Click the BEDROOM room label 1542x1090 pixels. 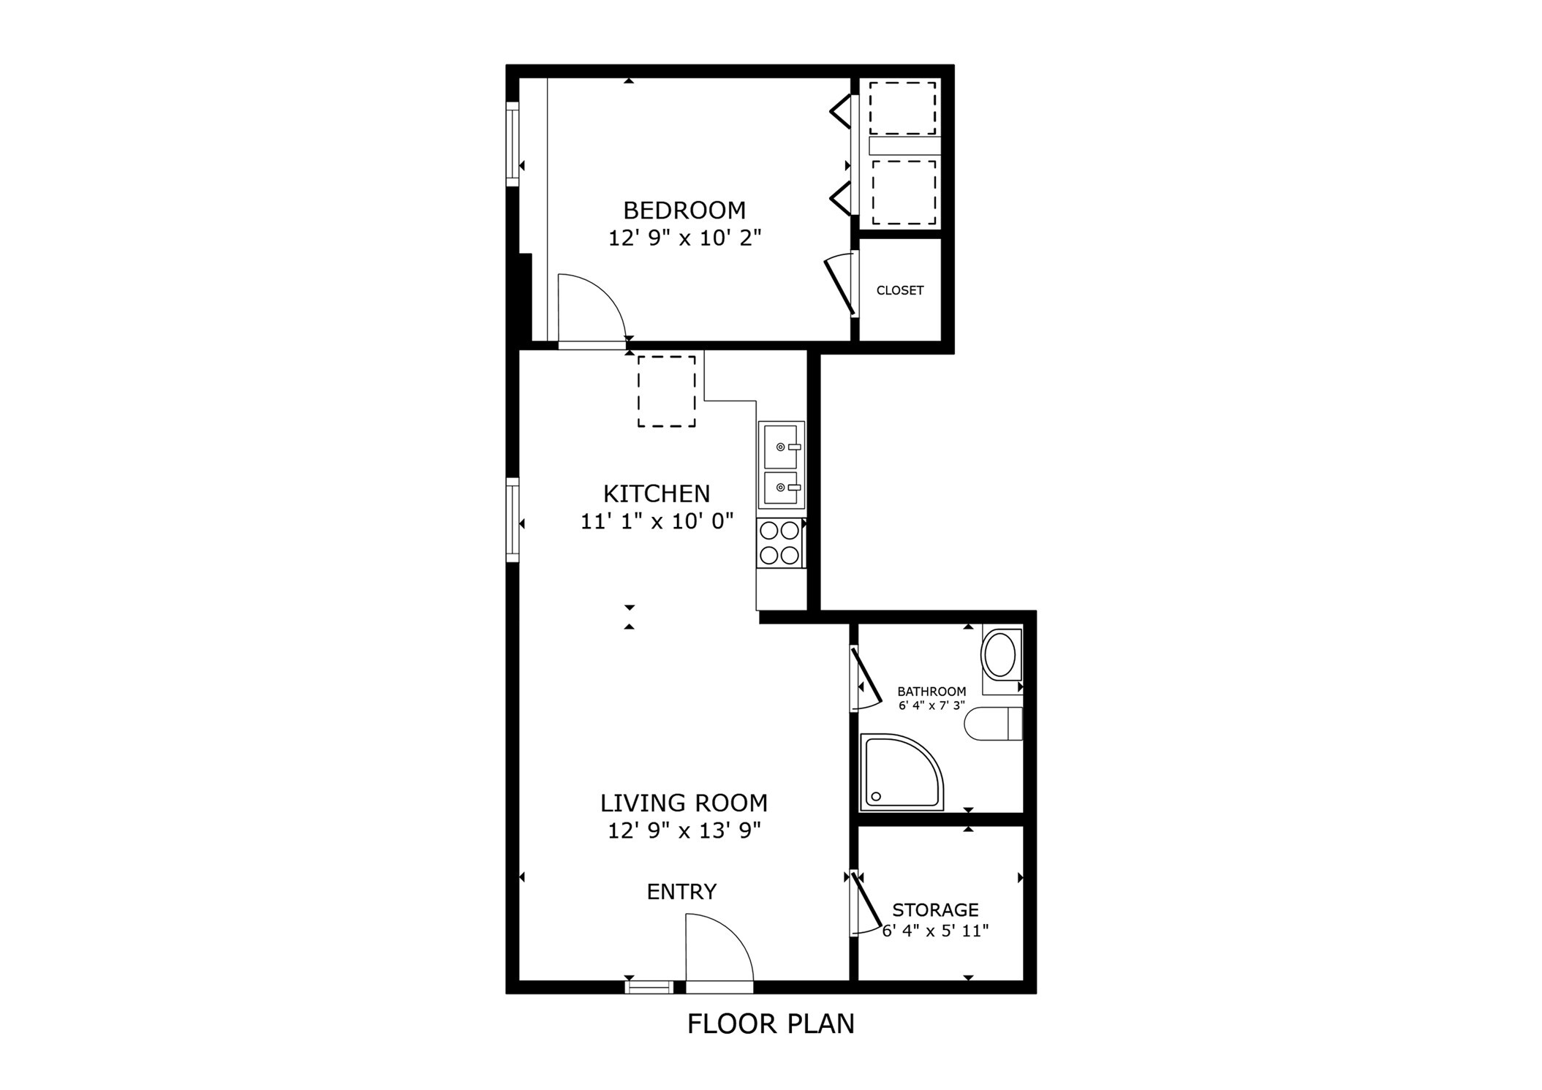pos(684,211)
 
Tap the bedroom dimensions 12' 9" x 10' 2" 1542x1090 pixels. pos(684,238)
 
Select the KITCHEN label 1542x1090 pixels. pos(657,494)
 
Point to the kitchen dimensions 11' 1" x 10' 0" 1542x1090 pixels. pos(657,522)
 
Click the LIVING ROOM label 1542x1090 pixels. pos(684,803)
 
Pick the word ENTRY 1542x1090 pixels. pos(681,892)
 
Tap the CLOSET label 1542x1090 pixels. pos(899,290)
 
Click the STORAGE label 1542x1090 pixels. pos(935,910)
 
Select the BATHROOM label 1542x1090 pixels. pos(931,692)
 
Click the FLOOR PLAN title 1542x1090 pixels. pos(771,1024)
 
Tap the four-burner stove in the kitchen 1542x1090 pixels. pos(779,543)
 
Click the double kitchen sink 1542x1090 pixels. pos(781,466)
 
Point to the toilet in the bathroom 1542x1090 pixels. pos(993,724)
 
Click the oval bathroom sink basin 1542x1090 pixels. pos(999,655)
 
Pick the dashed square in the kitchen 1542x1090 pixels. pos(666,391)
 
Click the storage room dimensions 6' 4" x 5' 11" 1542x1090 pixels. pos(935,931)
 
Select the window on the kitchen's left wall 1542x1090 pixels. pos(513,520)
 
